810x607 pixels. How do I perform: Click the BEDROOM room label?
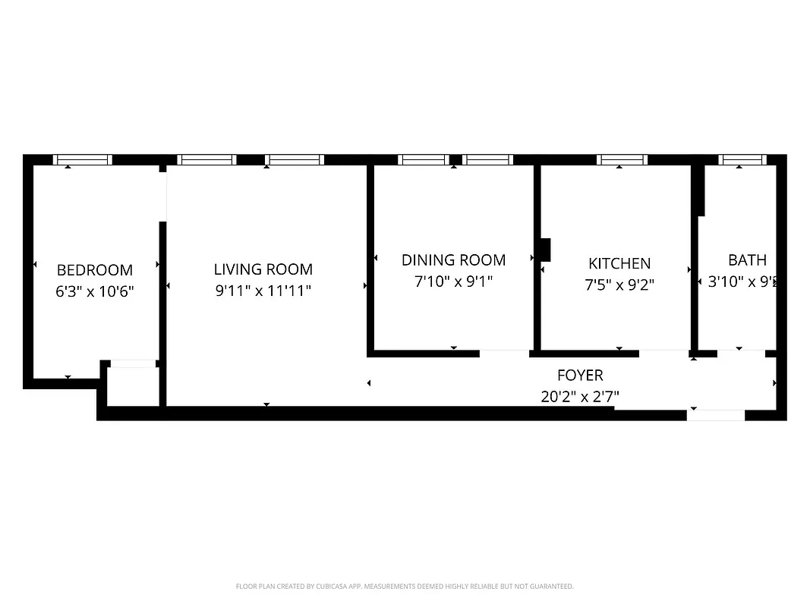click(95, 270)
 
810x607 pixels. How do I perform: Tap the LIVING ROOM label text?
click(263, 269)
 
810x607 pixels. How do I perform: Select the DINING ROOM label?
click(453, 260)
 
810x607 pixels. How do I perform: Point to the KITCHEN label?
click(619, 263)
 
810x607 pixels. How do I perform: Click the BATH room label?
click(747, 260)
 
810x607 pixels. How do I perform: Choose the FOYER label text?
click(580, 376)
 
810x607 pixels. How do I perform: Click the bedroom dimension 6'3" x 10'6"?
click(95, 291)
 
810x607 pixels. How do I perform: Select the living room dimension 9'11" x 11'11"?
click(263, 291)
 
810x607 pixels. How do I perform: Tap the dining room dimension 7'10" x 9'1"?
click(453, 281)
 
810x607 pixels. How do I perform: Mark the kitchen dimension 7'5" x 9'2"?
click(619, 285)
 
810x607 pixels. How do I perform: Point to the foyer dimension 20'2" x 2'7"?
click(580, 396)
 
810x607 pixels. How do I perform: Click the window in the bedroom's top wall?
click(83, 159)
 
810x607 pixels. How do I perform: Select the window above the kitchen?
click(622, 159)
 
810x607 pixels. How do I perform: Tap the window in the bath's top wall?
click(742, 159)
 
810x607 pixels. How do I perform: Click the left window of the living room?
click(206, 159)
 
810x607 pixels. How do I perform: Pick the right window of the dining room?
click(487, 159)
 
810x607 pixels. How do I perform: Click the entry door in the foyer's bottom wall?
click(716, 414)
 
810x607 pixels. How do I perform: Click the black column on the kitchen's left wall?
click(544, 250)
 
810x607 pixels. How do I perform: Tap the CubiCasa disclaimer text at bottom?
click(405, 587)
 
